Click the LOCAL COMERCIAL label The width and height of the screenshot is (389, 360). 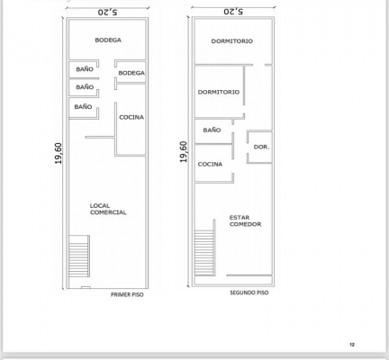[108, 209]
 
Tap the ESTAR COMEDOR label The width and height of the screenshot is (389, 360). [245, 220]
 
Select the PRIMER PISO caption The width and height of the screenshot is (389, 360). [127, 294]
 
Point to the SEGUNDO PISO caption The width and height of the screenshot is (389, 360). [249, 292]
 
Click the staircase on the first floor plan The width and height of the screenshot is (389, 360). [79, 256]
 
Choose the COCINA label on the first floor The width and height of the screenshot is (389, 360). [131, 117]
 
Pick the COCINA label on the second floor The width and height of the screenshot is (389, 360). [210, 164]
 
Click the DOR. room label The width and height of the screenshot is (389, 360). [261, 147]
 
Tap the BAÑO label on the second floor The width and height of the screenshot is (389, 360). [212, 130]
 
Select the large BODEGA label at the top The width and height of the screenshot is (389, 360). [108, 40]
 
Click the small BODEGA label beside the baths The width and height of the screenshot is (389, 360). [131, 73]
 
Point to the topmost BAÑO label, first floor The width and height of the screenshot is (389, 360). [85, 69]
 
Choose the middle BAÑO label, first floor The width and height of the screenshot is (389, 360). [85, 86]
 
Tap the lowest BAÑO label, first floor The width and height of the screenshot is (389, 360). [83, 106]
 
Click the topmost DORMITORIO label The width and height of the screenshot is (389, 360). [232, 41]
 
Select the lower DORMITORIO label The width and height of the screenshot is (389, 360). [219, 92]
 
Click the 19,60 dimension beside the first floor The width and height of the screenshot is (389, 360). [59, 153]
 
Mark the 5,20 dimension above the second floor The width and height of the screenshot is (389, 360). [233, 12]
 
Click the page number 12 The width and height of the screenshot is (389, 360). [352, 345]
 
